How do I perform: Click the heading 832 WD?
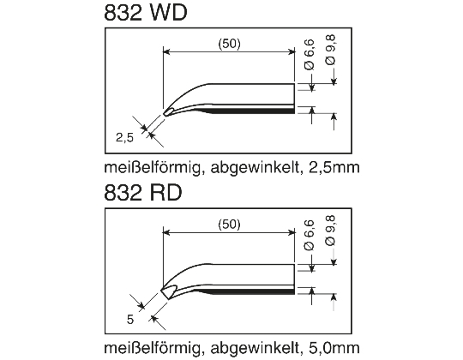(x=145, y=15)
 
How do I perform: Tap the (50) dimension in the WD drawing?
(x=229, y=45)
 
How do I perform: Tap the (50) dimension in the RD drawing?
(x=229, y=224)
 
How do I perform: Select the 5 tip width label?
(x=129, y=319)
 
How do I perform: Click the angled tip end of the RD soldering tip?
(x=165, y=292)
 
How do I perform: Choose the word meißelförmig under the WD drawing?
(x=151, y=169)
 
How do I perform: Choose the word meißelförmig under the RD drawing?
(x=151, y=349)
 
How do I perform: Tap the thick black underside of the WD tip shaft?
(x=257, y=111)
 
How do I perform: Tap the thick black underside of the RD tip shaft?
(x=257, y=291)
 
